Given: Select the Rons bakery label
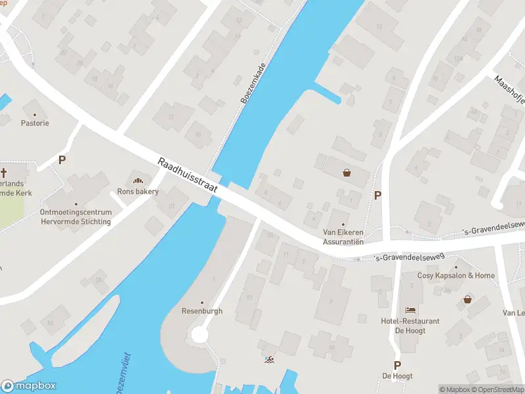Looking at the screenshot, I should point(138,192).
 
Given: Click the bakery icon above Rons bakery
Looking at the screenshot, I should point(138,180).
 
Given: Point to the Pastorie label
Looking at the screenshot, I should point(35,123).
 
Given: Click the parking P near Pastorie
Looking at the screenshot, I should point(62,160).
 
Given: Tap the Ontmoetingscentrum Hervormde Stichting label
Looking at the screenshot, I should point(75,217).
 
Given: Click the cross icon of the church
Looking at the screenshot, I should point(4,173).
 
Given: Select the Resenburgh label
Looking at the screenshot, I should point(202,311).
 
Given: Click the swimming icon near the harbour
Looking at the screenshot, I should point(268,359).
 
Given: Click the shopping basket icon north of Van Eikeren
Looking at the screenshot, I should point(346,173).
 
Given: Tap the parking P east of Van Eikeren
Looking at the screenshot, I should point(377,195).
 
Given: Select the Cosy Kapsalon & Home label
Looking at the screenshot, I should point(456,275).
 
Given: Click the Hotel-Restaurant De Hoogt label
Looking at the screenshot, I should point(410,325).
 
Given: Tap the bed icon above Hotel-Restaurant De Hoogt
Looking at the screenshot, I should point(411,309).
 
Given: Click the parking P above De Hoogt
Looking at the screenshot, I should point(397,365).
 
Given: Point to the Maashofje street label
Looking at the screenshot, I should point(509,89).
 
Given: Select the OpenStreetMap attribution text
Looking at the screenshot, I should point(499,389).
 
